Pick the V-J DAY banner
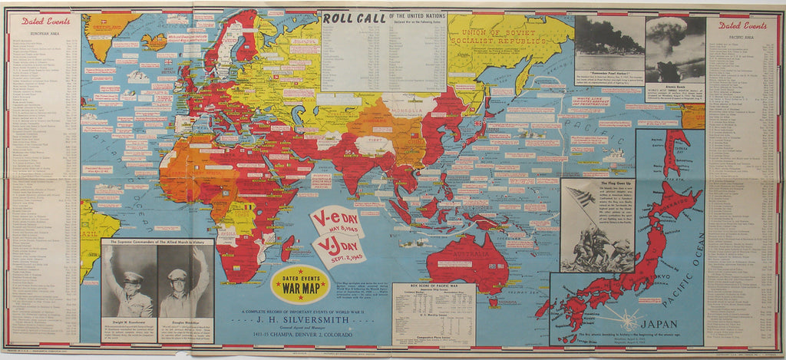click(x=339, y=249)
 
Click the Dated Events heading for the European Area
click(x=41, y=21)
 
